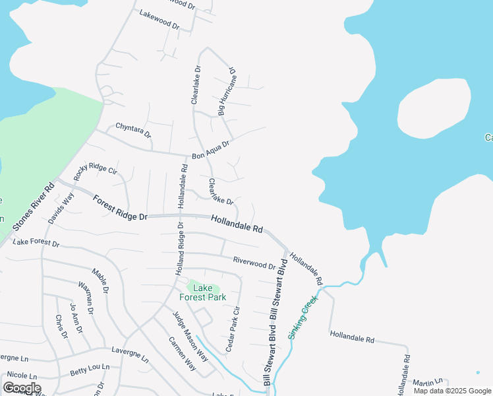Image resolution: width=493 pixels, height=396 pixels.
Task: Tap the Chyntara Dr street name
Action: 133,129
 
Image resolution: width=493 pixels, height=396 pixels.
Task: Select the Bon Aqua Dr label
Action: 210,150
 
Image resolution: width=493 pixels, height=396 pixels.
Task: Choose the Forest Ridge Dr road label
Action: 120,207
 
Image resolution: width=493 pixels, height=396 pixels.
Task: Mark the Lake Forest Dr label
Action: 36,244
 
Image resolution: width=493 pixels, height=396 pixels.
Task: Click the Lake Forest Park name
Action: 206,292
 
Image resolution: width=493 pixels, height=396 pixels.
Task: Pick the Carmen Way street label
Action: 182,353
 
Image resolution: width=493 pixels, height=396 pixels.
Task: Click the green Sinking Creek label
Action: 303,317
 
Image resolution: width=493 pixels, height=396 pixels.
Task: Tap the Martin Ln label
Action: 427,383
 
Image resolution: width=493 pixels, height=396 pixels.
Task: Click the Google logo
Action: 21,387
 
